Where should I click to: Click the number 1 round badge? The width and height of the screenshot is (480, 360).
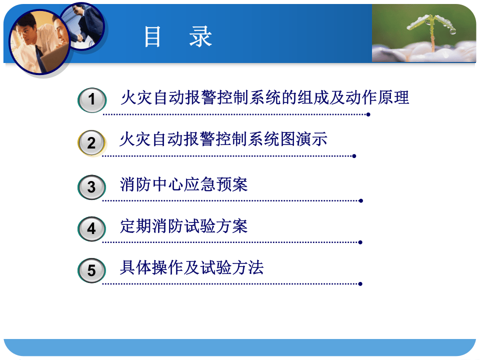coord(91,100)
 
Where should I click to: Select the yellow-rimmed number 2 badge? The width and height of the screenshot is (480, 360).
coord(91,143)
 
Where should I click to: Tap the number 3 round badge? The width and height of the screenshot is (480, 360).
coord(91,187)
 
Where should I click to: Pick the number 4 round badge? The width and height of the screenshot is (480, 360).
coord(91,229)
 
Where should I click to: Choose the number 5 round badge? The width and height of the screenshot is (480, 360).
coord(91,271)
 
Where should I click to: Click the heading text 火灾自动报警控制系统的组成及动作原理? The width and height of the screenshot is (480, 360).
coord(264,97)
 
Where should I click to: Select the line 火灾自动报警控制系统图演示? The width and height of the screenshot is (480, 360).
coord(223,139)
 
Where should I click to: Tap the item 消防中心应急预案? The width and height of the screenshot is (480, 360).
coord(184,184)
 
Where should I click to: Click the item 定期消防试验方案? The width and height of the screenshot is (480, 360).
coord(184,226)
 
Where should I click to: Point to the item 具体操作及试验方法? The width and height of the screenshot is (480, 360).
coord(192,268)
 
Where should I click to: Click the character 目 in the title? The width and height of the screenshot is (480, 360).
coord(152,37)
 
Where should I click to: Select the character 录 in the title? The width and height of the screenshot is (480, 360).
coord(200,37)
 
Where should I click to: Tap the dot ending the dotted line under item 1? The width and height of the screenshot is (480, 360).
coord(368,114)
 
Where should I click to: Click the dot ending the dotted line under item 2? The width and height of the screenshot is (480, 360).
coord(354,156)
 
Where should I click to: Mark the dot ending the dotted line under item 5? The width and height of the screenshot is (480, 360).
coord(360,284)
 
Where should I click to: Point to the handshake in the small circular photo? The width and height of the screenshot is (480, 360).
coord(80,37)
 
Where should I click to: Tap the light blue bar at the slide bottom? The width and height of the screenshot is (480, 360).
coord(240,347)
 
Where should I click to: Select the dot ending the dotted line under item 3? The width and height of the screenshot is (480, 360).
coord(360,200)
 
